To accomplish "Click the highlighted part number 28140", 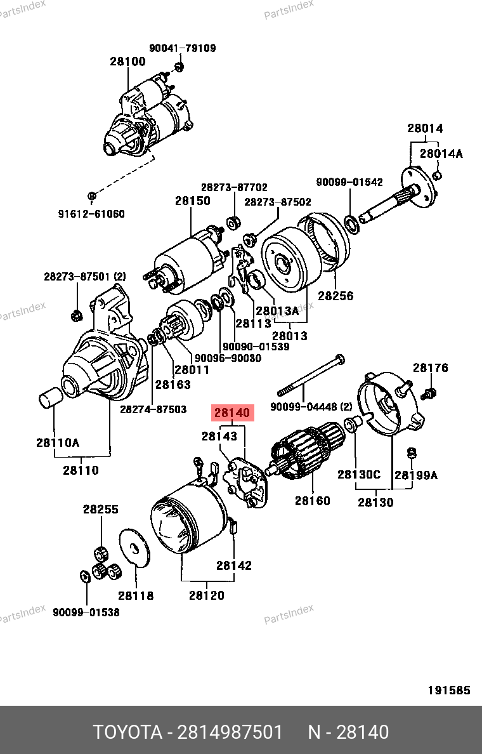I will coord(233,413).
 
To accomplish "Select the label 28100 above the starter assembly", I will coord(127,62).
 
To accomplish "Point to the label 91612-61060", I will coord(91,214).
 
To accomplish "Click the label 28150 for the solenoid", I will coord(193,201).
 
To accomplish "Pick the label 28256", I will coord(335,296).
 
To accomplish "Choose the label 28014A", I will coord(441,154).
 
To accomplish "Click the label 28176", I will coord(431,368).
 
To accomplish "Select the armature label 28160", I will coord(312,501).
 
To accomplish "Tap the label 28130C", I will coord(359,475).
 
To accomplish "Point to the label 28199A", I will coord(416,475).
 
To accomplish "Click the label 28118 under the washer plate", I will coord(136,595).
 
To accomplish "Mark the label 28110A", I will coord(58,442).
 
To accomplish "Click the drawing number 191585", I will coord(448,691).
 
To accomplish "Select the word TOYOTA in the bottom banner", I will coord(127,732).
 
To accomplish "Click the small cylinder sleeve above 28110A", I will coord(49,399).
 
